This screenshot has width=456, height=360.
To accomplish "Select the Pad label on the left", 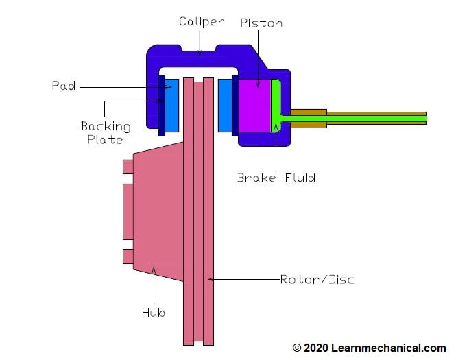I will (x=63, y=86).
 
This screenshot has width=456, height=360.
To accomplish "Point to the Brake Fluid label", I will (x=276, y=178).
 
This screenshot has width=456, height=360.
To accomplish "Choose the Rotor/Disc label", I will (x=317, y=280).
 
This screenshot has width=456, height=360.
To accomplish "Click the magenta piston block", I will (x=254, y=105).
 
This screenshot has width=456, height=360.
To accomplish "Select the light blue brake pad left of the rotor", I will (x=171, y=104).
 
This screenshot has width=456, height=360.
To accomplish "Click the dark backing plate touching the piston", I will (x=235, y=105).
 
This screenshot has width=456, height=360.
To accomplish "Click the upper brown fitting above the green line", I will (x=309, y=111).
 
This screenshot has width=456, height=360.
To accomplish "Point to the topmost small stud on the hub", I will (x=128, y=167).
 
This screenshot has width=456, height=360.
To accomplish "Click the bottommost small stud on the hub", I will (x=128, y=256).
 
